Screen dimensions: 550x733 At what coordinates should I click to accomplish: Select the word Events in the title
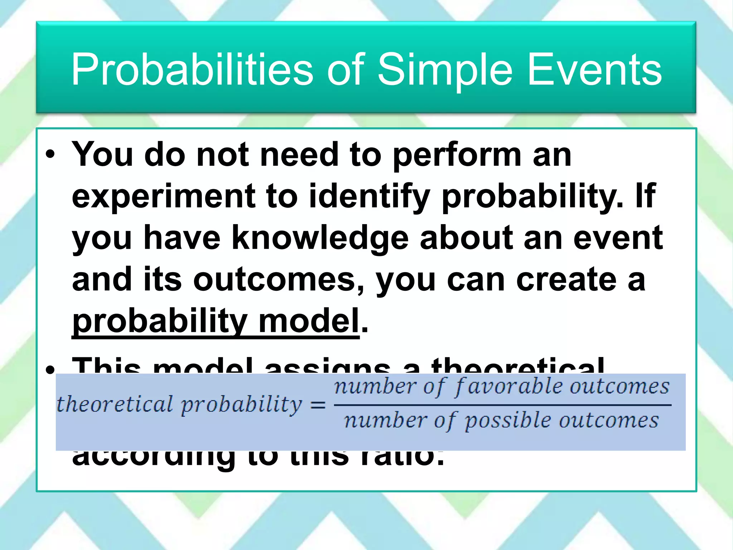[594, 70]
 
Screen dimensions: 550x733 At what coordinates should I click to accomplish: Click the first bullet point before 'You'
[50, 155]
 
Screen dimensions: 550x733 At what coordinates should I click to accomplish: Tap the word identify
[369, 197]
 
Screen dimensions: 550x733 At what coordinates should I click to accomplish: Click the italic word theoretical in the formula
[115, 405]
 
